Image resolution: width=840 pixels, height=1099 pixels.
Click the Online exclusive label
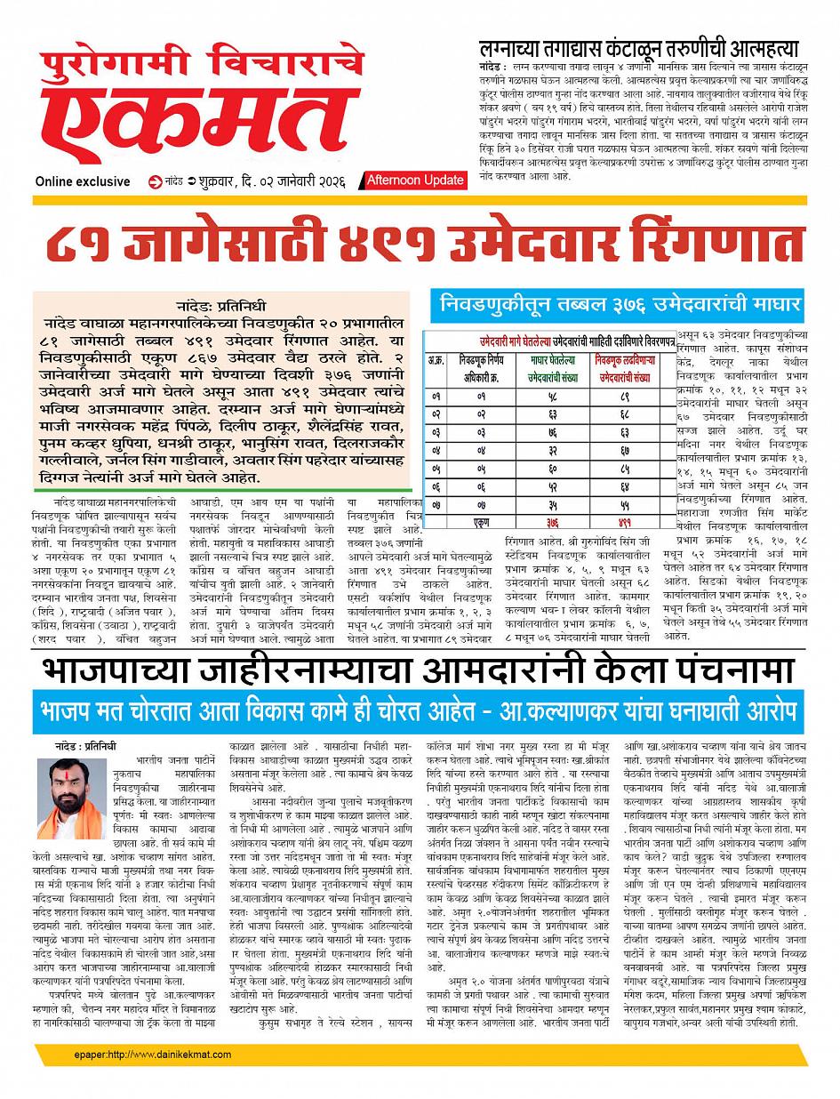coord(83,181)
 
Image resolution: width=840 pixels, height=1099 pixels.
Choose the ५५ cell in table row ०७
coord(625,504)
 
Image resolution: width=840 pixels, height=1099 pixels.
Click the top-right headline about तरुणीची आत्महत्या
coord(637,49)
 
